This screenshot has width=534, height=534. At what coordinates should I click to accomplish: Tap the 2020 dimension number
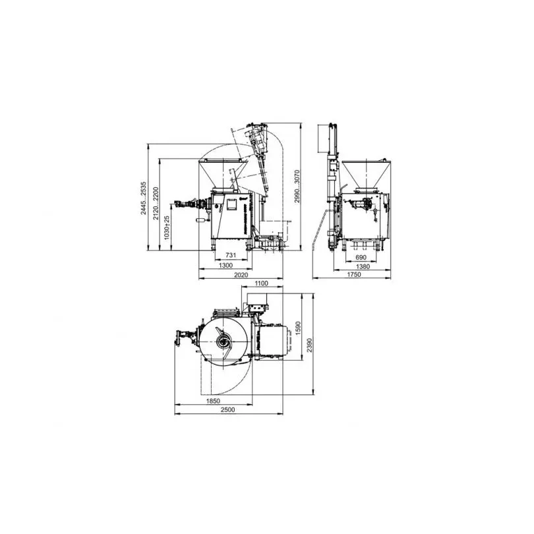(x=241, y=275)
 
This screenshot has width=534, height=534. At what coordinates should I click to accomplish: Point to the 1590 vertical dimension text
(x=297, y=328)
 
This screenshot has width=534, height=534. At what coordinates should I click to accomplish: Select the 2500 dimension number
(x=229, y=410)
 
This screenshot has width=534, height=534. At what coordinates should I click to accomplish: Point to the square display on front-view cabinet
(x=232, y=205)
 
